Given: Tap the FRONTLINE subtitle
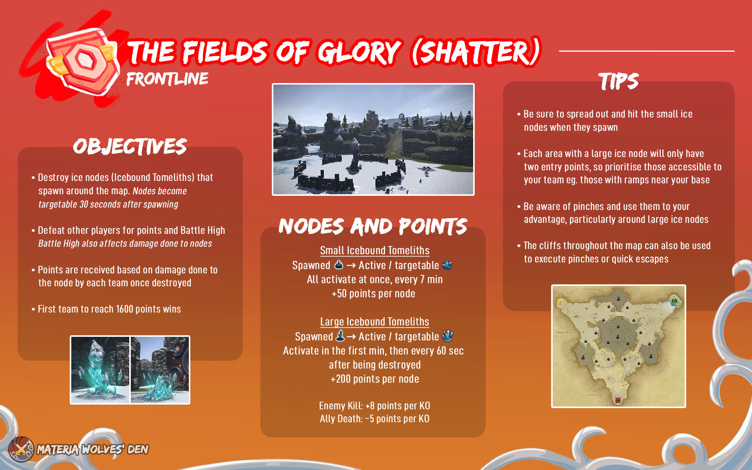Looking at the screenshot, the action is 167,79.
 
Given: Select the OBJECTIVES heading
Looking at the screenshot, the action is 130,146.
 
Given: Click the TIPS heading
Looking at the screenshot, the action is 618,81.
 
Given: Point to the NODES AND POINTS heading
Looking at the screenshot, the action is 373,226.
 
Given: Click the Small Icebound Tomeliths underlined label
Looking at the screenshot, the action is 374,250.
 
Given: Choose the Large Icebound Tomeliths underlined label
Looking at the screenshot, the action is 374,322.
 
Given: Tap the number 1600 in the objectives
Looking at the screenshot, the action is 125,309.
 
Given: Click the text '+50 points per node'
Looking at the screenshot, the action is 373,293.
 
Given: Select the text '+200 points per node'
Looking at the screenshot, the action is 375,379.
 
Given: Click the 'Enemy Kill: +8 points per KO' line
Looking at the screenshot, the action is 374,405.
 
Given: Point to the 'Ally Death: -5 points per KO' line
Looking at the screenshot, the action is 374,419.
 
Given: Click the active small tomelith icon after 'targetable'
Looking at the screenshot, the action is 447,265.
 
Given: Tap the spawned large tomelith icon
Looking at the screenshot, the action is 340,336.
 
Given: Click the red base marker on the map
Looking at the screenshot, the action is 618,400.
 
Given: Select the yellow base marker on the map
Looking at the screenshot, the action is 560,302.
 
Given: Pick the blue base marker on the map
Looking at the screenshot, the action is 674,302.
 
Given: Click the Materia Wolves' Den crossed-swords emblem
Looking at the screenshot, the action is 21,449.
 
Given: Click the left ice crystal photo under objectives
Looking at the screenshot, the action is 100,370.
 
